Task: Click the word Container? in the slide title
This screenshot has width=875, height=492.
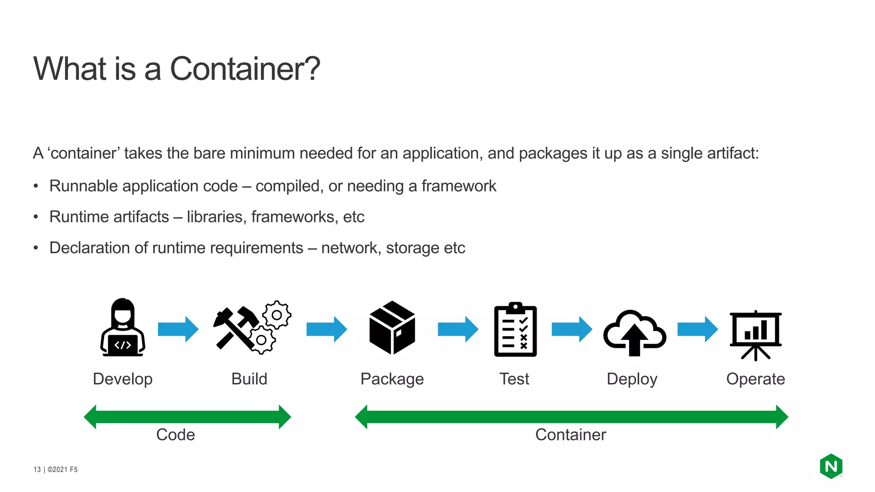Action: point(245,69)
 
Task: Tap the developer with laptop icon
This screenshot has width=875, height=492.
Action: point(123,328)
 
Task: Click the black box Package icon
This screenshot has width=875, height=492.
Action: point(392,328)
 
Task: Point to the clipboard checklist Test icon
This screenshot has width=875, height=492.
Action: point(515,330)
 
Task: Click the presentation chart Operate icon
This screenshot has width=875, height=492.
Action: point(755,335)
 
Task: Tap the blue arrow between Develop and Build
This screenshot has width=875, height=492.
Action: point(178,329)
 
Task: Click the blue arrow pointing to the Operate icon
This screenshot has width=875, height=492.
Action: point(698,329)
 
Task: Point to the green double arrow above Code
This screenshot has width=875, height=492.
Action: point(187,417)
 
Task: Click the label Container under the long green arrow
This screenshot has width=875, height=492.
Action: point(570,435)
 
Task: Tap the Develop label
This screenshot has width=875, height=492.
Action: point(123,379)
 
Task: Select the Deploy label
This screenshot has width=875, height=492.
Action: point(632,379)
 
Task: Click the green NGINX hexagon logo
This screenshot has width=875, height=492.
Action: point(831,466)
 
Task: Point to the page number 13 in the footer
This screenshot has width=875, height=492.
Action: point(37,469)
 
